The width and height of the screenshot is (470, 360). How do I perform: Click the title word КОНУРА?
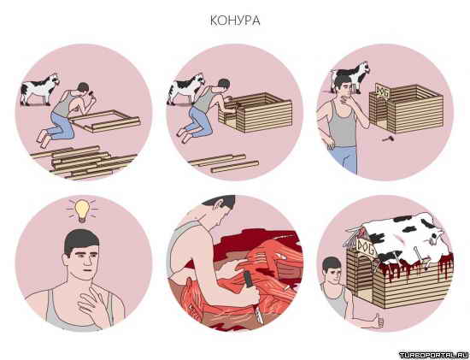click(235, 21)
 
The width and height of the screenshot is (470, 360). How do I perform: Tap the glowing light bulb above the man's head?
click(82, 210)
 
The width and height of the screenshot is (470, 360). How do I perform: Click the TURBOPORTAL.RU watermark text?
click(434, 355)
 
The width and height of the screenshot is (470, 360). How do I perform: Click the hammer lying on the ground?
click(388, 139)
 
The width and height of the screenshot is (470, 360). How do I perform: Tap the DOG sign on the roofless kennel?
click(383, 91)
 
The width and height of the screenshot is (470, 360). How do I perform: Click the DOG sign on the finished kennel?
click(366, 246)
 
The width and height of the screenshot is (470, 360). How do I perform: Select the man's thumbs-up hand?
click(379, 321)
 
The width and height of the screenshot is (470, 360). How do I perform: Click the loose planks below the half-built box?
click(223, 164)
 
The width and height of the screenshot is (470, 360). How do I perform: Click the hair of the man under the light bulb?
click(80, 240)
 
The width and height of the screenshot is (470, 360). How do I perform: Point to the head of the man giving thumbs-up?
click(332, 269)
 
